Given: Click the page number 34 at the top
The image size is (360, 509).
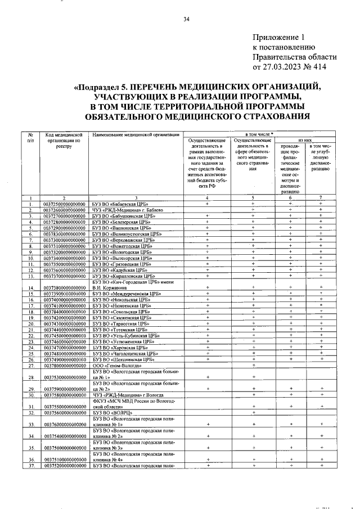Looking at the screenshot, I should coord(186,21).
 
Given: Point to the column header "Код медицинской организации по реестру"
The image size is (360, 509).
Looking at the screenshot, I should coord(64,140).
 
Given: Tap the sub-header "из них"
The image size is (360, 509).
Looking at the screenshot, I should coord(305,141).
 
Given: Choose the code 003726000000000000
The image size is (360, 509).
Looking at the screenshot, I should coord(64,210).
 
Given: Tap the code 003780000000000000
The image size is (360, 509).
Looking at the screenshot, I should coord(64,364).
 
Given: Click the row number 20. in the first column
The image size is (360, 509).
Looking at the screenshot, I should coord(32,324).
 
